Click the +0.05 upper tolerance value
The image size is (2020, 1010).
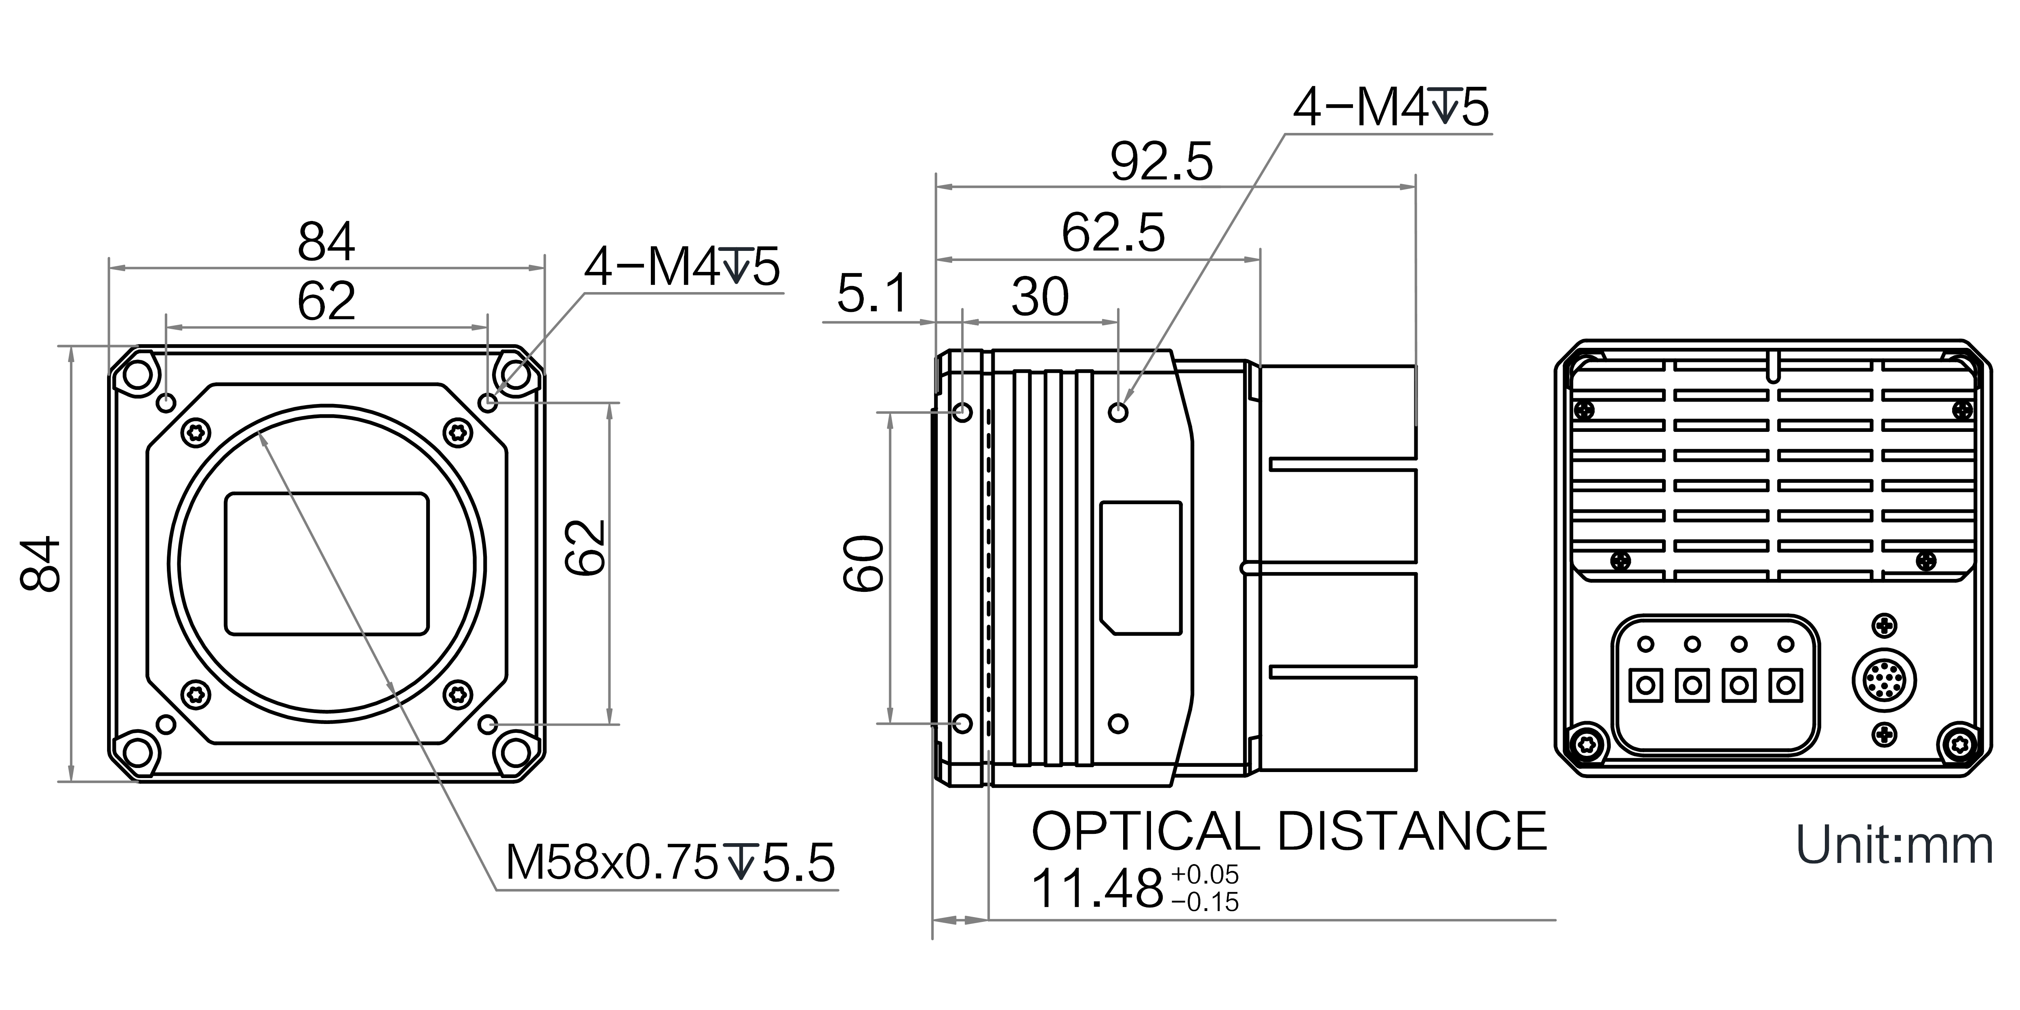[1204, 874]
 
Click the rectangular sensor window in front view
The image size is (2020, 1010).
[327, 563]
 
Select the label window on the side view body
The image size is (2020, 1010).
[1141, 568]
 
